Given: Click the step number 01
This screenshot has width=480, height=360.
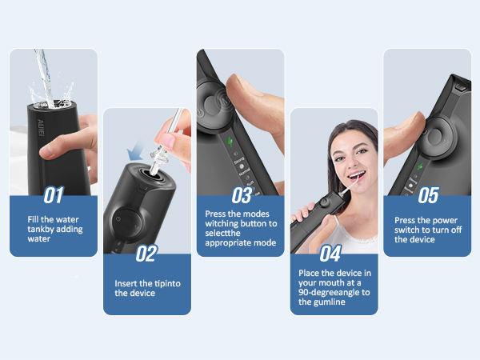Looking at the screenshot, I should point(53,194).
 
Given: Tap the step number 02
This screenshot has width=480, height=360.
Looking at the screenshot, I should point(146,254).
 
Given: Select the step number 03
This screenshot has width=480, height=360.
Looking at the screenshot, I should point(241,194).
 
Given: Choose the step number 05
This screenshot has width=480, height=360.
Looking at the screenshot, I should point(428,194).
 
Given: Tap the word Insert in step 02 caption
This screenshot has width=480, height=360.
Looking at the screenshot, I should point(127,282).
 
